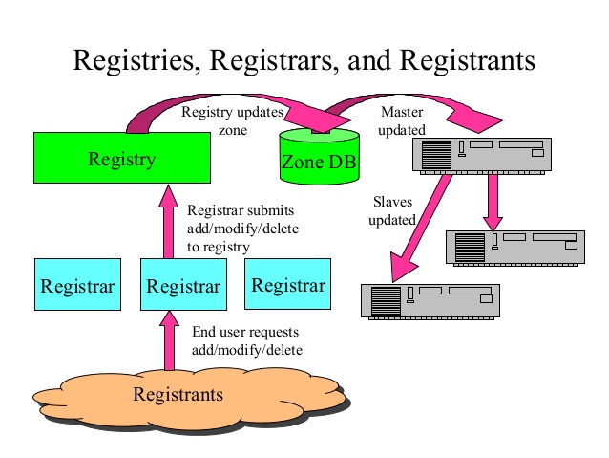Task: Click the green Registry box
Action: pos(121,158)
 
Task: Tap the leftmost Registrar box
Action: pos(77,284)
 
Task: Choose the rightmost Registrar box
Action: pos(287,284)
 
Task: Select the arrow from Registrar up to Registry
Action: pos(169,220)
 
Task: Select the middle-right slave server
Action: pos(514,247)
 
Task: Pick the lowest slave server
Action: pos(429,300)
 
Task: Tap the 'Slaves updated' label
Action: pos(393,211)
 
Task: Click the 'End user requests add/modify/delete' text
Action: pos(246,340)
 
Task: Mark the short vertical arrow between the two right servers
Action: pos(493,200)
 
